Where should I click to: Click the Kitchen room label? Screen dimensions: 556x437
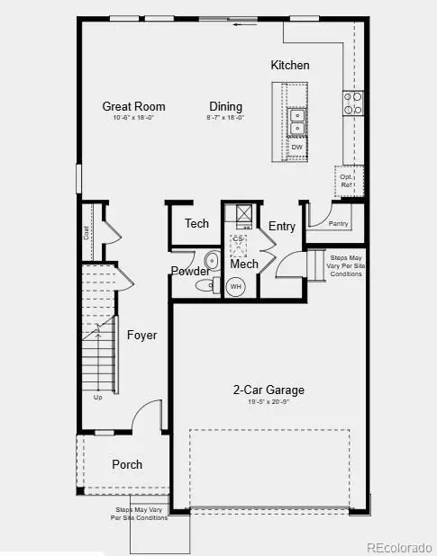click(290, 65)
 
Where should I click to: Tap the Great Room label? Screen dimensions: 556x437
click(133, 106)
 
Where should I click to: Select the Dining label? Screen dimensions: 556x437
click(226, 106)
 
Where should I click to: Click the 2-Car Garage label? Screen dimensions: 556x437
click(269, 390)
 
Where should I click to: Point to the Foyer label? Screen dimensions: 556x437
click(141, 336)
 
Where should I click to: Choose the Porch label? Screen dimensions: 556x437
click(127, 464)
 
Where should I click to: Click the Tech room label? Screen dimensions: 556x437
click(196, 223)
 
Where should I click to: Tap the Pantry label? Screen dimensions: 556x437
click(339, 223)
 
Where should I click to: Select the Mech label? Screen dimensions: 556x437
click(243, 265)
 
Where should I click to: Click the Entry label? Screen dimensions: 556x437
click(282, 226)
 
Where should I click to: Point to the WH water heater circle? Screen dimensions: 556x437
click(236, 287)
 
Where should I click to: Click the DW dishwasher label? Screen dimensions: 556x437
click(296, 147)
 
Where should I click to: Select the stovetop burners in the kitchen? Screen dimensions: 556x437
click(352, 103)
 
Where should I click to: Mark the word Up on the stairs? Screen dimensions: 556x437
click(97, 397)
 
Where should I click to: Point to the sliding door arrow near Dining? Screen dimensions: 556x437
click(240, 24)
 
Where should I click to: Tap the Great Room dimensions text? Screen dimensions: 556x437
click(133, 118)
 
